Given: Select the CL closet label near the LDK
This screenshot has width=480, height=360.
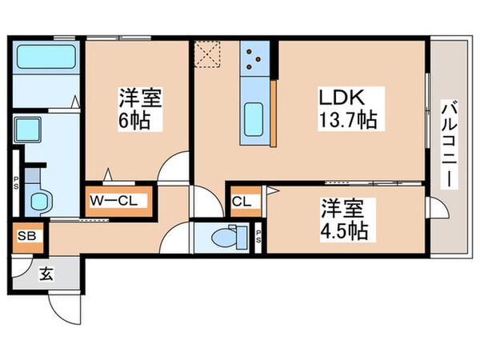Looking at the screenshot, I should tap(242, 202).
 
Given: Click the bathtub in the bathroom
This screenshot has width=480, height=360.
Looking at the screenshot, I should tap(45, 58).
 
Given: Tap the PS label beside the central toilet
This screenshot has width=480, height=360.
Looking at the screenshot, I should tap(259, 237).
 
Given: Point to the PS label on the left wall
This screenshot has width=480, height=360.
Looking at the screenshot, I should tap(16, 182).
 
